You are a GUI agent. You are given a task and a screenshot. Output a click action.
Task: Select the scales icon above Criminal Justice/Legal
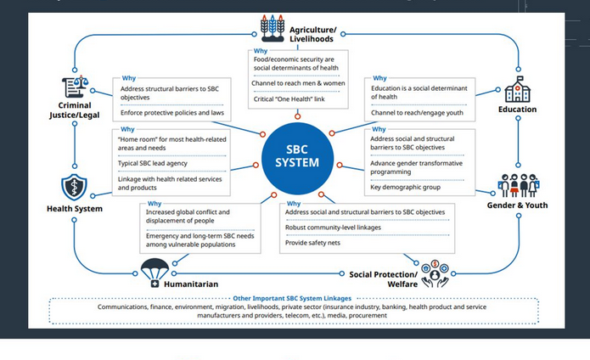pyautogui.click(x=74, y=87)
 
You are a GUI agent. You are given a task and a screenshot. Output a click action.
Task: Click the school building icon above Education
pyautogui.click(x=517, y=89)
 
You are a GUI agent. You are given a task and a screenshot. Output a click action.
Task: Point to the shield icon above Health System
pyautogui.click(x=74, y=188)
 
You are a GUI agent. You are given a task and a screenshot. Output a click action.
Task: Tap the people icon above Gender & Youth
pyautogui.click(x=518, y=185)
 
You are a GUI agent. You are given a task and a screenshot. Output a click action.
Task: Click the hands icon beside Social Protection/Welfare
pyautogui.click(x=435, y=273)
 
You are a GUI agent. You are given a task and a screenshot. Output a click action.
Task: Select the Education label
pyautogui.click(x=517, y=110)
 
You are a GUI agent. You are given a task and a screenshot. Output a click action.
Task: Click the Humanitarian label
pyautogui.click(x=191, y=284)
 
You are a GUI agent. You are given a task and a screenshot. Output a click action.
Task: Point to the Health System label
pyautogui.click(x=75, y=209)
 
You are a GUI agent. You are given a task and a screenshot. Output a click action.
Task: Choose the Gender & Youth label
pyautogui.click(x=517, y=205)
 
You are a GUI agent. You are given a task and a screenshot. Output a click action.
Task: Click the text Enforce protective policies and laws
pyautogui.click(x=171, y=112)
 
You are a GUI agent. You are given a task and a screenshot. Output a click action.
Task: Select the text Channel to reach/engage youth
pyautogui.click(x=416, y=112)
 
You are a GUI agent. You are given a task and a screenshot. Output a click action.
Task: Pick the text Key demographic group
pyautogui.click(x=406, y=187)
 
